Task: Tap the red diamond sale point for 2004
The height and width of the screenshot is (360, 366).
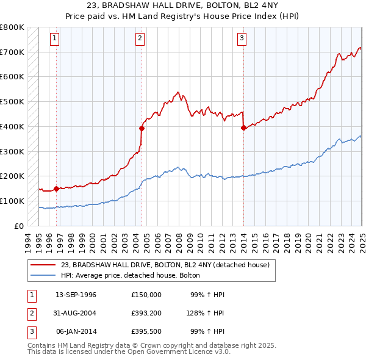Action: pyautogui.click(x=142, y=128)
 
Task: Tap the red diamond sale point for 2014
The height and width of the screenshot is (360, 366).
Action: pyautogui.click(x=243, y=128)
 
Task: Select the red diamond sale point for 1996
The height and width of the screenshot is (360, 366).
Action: pyautogui.click(x=57, y=189)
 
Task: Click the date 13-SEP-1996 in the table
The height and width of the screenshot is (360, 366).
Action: pyautogui.click(x=76, y=295)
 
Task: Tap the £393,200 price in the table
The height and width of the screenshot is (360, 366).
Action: pyautogui.click(x=146, y=313)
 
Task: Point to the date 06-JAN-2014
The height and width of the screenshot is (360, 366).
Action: pyautogui.click(x=76, y=331)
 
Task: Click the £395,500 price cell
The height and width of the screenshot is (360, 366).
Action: pyautogui.click(x=146, y=331)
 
